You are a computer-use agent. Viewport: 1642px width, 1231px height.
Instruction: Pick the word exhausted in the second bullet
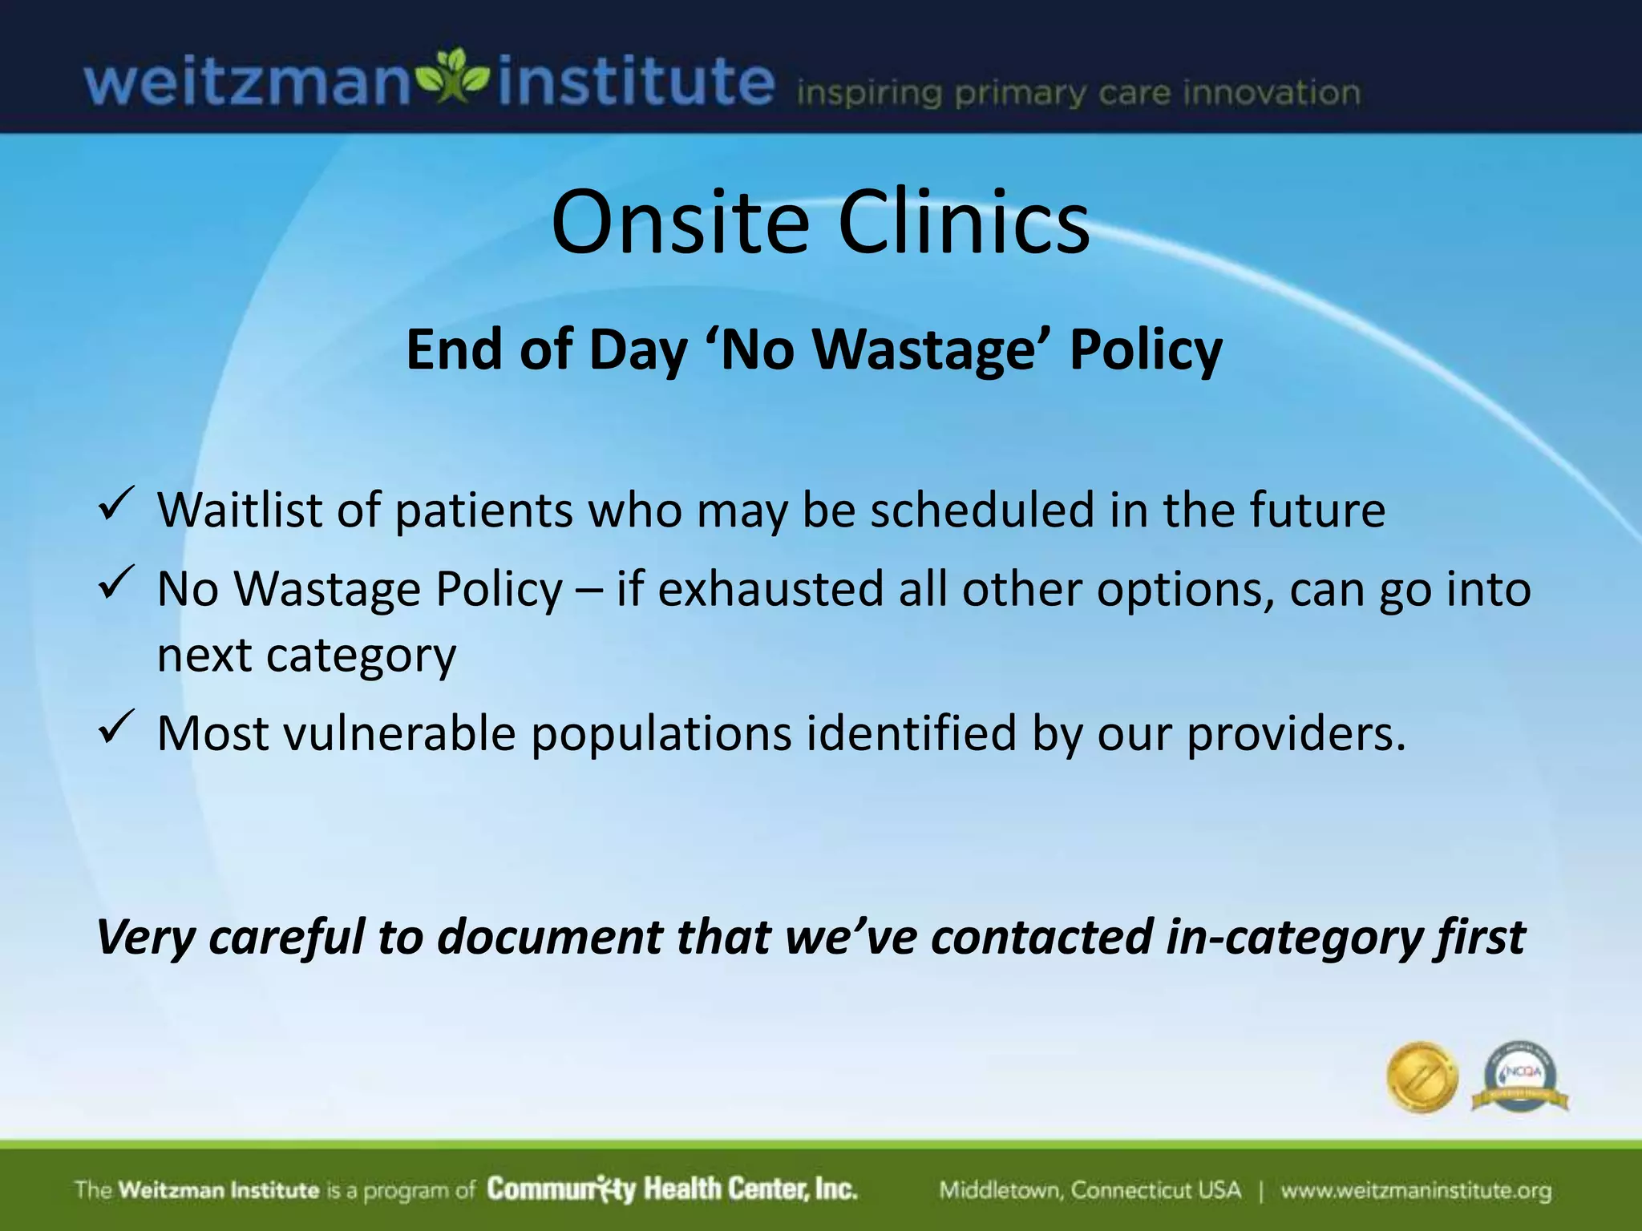click(x=770, y=590)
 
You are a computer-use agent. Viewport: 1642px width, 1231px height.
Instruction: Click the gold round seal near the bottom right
click(x=1422, y=1077)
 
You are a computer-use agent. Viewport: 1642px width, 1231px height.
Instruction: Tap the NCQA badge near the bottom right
click(x=1520, y=1077)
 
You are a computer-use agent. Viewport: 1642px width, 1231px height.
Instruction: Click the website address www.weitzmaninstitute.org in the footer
click(x=1415, y=1190)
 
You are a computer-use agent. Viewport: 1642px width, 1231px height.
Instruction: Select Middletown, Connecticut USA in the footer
click(x=1090, y=1190)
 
